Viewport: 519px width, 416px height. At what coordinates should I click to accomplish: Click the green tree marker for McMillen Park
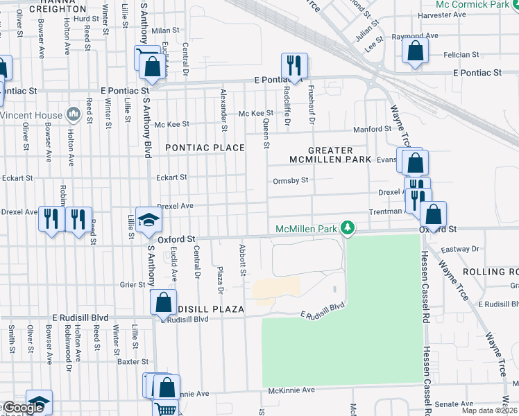pyautogui.click(x=351, y=228)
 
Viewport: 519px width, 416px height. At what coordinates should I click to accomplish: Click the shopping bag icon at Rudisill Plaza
pyautogui.click(x=162, y=302)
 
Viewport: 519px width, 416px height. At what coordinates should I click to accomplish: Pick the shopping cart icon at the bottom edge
pyautogui.click(x=165, y=410)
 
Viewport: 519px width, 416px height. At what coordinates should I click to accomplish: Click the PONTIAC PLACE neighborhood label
pyautogui.click(x=205, y=148)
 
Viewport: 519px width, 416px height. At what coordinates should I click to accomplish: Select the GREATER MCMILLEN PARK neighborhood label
pyautogui.click(x=330, y=155)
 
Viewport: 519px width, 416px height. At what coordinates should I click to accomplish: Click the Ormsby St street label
pyautogui.click(x=290, y=180)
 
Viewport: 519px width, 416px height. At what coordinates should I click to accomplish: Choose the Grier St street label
pyautogui.click(x=132, y=284)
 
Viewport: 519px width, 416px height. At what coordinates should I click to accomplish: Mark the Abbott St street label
pyautogui.click(x=243, y=260)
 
